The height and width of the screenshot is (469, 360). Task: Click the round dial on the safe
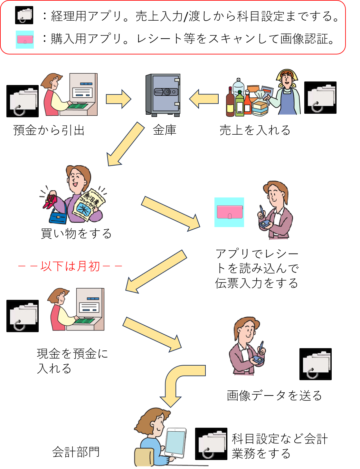[x=167, y=92]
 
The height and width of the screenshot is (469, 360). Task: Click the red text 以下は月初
[x=70, y=266]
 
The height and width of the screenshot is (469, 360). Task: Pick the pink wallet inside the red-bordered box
[x=25, y=40]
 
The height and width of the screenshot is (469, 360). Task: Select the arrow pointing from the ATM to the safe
[x=118, y=99]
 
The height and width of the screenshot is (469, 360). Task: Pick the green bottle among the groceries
[x=240, y=104]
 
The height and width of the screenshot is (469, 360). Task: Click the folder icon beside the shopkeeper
[x=321, y=98]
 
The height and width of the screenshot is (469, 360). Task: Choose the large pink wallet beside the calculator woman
[x=229, y=212]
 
